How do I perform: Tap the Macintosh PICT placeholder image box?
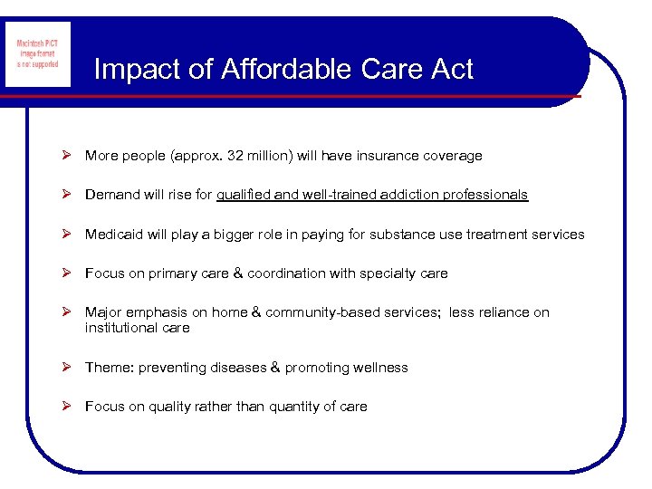coord(37,54)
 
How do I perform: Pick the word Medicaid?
coord(113,235)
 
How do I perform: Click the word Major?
coord(103,312)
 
